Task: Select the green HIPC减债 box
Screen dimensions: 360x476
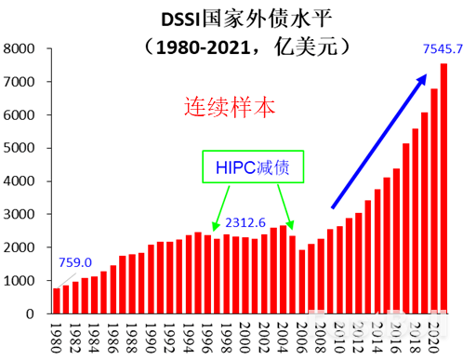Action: click(x=254, y=167)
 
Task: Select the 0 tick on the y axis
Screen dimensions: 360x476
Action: click(x=31, y=313)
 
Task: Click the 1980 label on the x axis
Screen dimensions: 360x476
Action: click(x=57, y=336)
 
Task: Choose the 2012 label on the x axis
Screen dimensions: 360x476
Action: click(x=349, y=336)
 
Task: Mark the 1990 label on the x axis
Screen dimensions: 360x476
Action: click(x=152, y=336)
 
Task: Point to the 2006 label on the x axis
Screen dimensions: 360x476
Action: click(x=301, y=336)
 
